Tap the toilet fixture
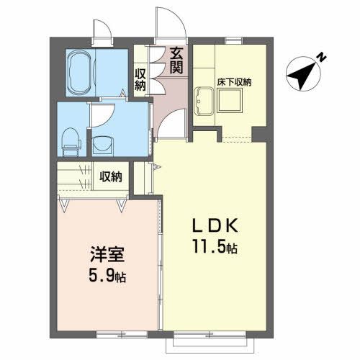[x=70, y=141]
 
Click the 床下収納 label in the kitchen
[x=234, y=83]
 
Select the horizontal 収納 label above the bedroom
[x=111, y=176]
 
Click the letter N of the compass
[x=323, y=57]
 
